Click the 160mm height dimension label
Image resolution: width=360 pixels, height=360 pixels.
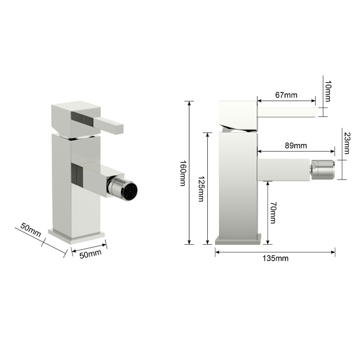tap(183, 173)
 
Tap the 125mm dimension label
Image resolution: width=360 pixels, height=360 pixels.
tap(202, 189)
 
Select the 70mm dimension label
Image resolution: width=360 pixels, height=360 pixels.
tap(273, 212)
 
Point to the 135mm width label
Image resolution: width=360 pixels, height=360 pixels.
tap(276, 258)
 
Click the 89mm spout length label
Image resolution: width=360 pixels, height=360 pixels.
tap(296, 146)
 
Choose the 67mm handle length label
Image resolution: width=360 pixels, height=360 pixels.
tap(286, 95)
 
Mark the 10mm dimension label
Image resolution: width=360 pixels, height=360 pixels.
tap(328, 91)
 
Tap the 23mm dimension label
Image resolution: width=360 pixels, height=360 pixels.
tap(347, 143)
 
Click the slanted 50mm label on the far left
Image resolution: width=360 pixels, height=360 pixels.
tap(30, 230)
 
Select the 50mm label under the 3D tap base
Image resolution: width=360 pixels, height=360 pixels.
tap(91, 254)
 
